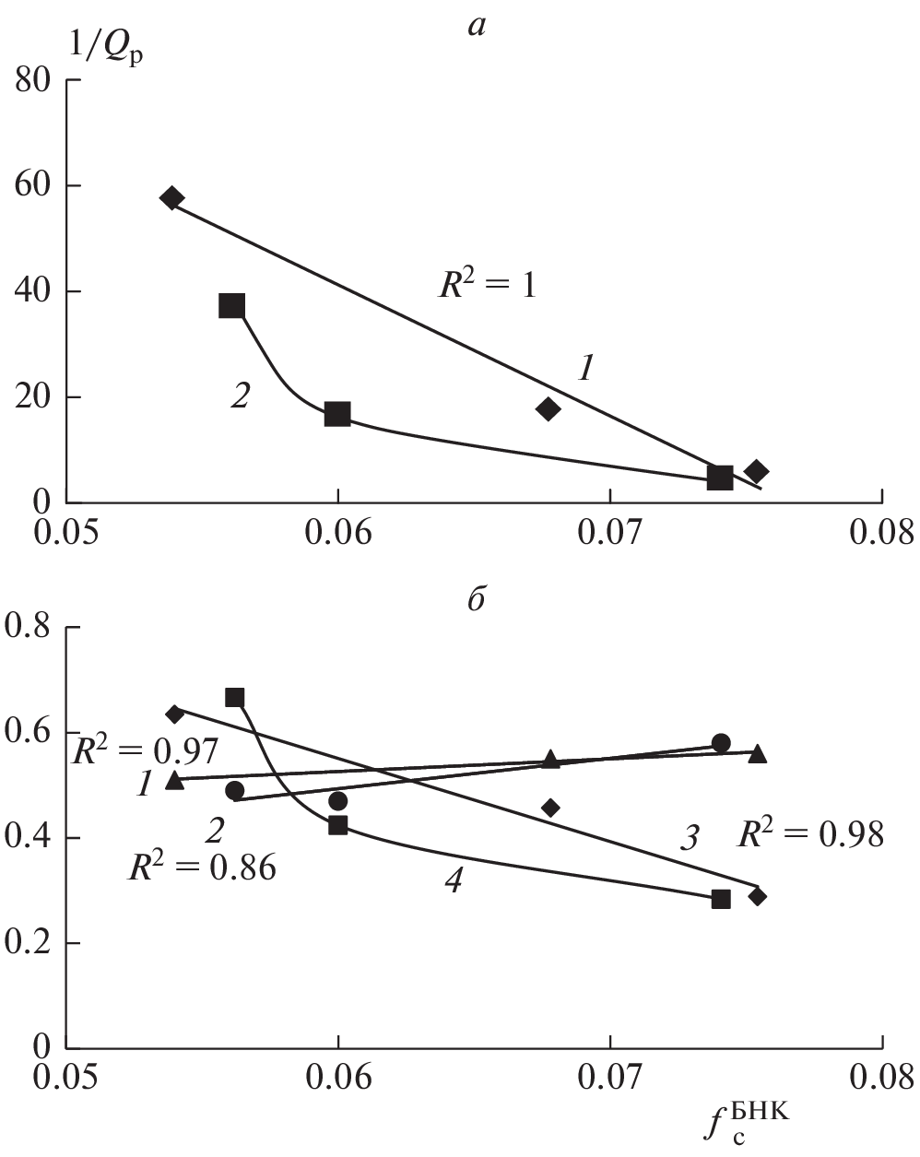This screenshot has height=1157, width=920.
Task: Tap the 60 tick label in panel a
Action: (x=36, y=186)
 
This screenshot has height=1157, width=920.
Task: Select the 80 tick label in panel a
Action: (x=36, y=81)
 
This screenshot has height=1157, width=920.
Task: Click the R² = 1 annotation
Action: (x=487, y=285)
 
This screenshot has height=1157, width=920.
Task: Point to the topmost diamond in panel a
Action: (x=171, y=198)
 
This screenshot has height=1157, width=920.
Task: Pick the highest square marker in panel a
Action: (x=232, y=306)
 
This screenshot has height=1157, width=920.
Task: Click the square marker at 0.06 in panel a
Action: (x=337, y=414)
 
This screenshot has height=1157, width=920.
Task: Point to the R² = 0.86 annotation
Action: (x=202, y=868)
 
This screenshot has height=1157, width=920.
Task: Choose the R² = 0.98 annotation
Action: (x=810, y=835)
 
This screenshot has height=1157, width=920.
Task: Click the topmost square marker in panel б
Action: (x=235, y=698)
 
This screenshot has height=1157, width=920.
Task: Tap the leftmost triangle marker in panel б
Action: (x=174, y=780)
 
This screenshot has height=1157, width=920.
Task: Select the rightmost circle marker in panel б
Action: (x=721, y=743)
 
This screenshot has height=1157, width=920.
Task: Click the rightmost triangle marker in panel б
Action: (x=758, y=753)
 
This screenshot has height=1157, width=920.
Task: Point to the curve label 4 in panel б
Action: (x=452, y=882)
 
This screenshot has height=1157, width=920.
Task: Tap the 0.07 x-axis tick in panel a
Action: (x=609, y=533)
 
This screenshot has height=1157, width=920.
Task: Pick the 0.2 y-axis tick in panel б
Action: (x=29, y=943)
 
